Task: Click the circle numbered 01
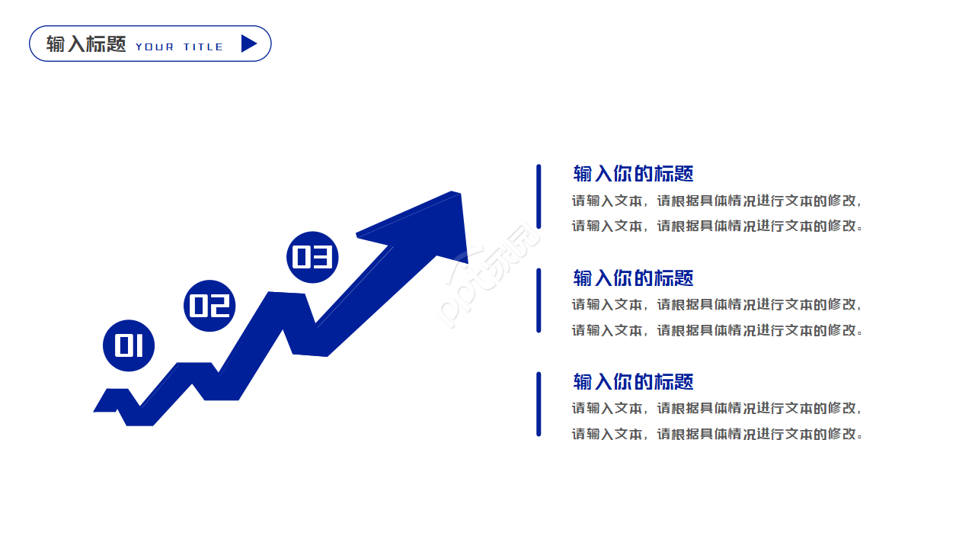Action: pos(129,346)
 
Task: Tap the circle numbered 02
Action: pos(209,306)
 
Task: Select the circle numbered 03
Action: pos(312,257)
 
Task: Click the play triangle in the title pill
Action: pos(249,43)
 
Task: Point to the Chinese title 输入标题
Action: pos(86,44)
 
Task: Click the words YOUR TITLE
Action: pos(179,47)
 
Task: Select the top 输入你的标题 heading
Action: pos(633,173)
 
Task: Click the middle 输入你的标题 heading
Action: pos(633,278)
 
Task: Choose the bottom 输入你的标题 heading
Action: pos(633,382)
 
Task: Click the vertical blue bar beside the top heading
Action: pos(539,197)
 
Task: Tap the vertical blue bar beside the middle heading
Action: pos(539,300)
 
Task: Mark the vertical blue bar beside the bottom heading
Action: pos(539,404)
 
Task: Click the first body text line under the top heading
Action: pos(717,201)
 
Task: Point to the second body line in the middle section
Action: pos(718,330)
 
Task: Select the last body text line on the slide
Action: pos(718,434)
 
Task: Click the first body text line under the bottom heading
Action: pos(717,408)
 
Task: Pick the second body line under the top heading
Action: pos(718,226)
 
